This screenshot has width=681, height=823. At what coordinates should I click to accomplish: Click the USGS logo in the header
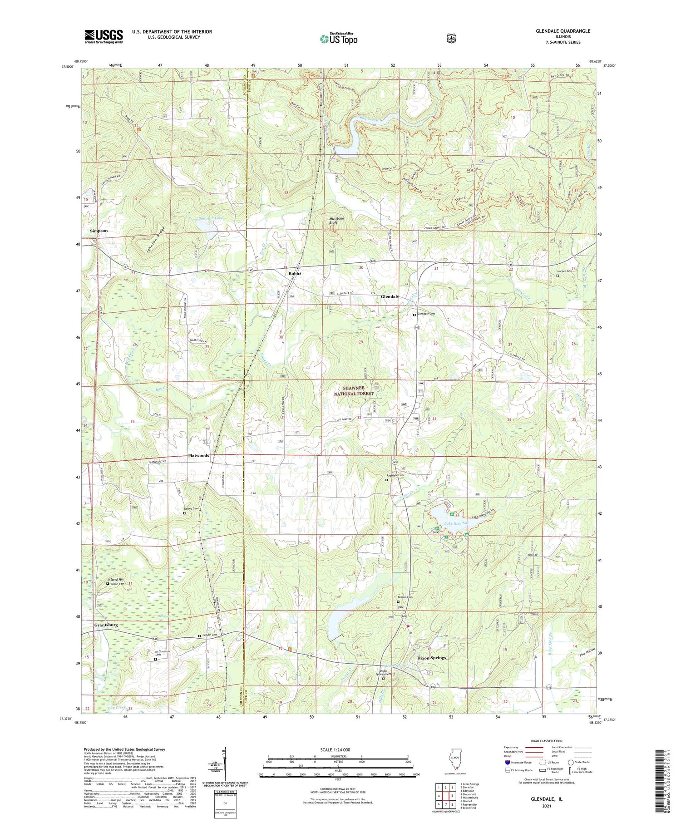click(104, 36)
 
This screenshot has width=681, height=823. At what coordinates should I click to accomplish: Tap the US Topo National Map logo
click(338, 39)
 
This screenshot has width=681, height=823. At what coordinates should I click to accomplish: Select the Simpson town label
click(99, 231)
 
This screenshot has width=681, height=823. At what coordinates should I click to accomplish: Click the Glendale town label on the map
click(390, 296)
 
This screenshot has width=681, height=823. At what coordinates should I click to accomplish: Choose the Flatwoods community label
click(199, 455)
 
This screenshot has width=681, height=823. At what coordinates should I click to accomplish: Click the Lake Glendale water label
click(456, 523)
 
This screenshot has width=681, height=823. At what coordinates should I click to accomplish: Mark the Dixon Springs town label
click(432, 658)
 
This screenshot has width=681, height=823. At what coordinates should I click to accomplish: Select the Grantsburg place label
click(106, 625)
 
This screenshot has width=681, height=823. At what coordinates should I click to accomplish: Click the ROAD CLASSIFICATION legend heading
click(549, 741)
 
